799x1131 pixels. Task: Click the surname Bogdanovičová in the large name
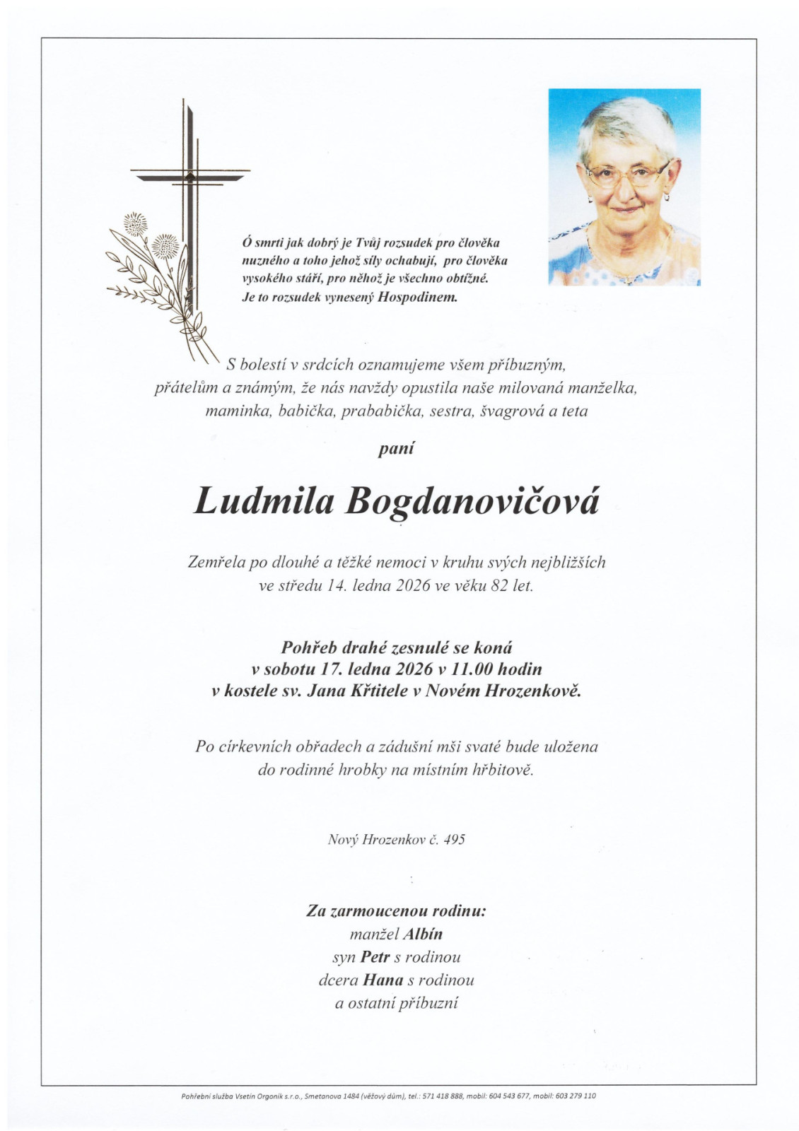click(x=472, y=503)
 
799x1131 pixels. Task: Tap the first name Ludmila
click(x=263, y=501)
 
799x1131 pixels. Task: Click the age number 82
click(x=499, y=586)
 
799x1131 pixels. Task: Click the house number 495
click(x=454, y=840)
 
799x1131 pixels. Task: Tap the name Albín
click(x=423, y=934)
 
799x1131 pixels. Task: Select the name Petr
click(x=375, y=957)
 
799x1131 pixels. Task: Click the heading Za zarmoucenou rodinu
click(x=396, y=911)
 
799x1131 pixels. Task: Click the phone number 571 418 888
click(x=443, y=1096)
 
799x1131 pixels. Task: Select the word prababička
click(x=382, y=411)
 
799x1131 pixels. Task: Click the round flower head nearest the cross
click(x=167, y=245)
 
